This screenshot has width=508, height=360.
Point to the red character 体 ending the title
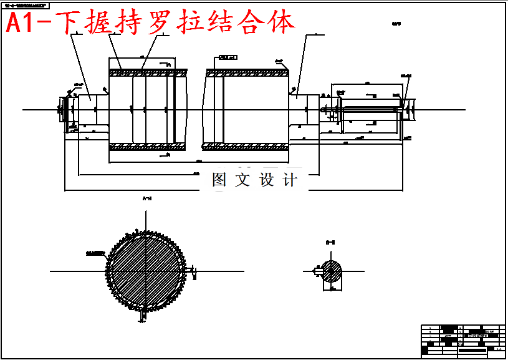coord(279,24)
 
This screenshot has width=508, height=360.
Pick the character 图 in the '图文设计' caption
coord(219,180)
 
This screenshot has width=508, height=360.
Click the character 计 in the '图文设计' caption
coord(290,180)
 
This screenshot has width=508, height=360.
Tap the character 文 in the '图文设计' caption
coord(242,180)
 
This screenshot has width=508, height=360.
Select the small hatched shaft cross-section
coord(332,271)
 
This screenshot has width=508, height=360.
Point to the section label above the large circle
coord(148,199)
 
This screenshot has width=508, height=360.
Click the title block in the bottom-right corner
coord(461,340)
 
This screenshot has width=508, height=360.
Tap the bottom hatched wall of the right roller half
coord(246,147)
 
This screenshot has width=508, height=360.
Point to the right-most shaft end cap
coord(408,110)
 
